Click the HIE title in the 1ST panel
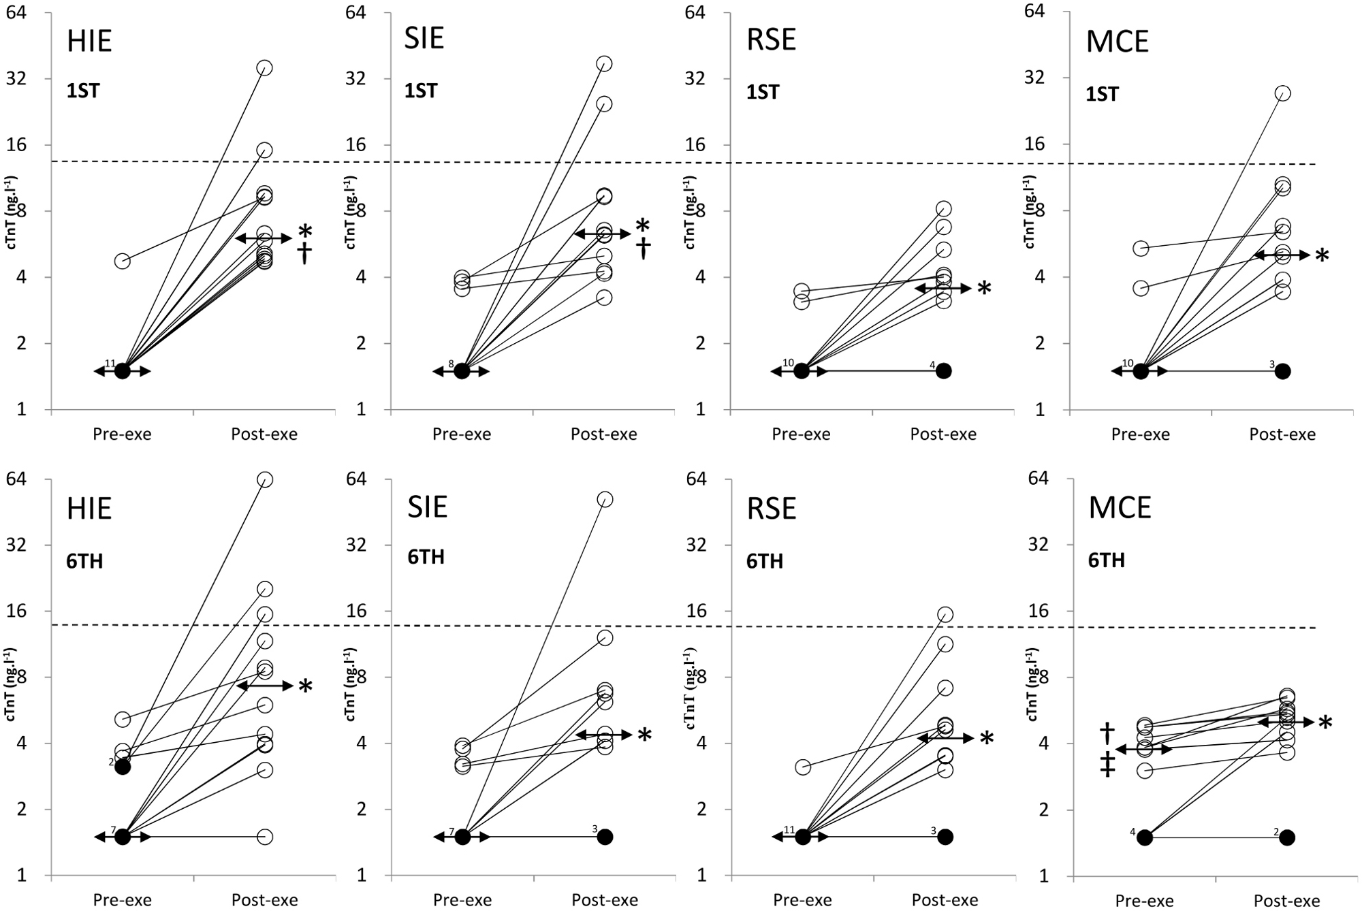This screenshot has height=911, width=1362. [x=89, y=42]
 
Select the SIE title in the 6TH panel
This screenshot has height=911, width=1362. [x=427, y=507]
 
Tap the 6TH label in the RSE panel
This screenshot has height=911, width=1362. [x=765, y=561]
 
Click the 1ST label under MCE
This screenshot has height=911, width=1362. [x=1102, y=94]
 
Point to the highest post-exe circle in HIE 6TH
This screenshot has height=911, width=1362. [x=265, y=479]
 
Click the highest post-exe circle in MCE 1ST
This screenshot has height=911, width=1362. [x=1282, y=93]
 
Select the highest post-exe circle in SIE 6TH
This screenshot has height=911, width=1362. [x=604, y=499]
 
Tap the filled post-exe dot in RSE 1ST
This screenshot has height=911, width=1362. [x=943, y=371]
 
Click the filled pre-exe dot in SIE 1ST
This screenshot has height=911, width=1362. [x=462, y=371]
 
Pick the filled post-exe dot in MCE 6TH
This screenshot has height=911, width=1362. [x=1287, y=837]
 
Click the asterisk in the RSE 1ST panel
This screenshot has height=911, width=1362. [x=984, y=289]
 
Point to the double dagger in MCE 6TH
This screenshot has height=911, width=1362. [x=1107, y=765]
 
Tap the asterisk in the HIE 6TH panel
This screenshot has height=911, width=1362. [x=305, y=686]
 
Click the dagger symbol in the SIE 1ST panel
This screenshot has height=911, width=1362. [x=644, y=249]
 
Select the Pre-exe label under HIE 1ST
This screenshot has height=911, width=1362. [x=123, y=434]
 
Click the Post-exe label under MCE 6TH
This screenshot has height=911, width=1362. [x=1287, y=900]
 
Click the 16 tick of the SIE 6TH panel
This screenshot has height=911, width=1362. [x=357, y=611]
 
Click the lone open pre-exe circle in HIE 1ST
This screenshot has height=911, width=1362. [x=123, y=261]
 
